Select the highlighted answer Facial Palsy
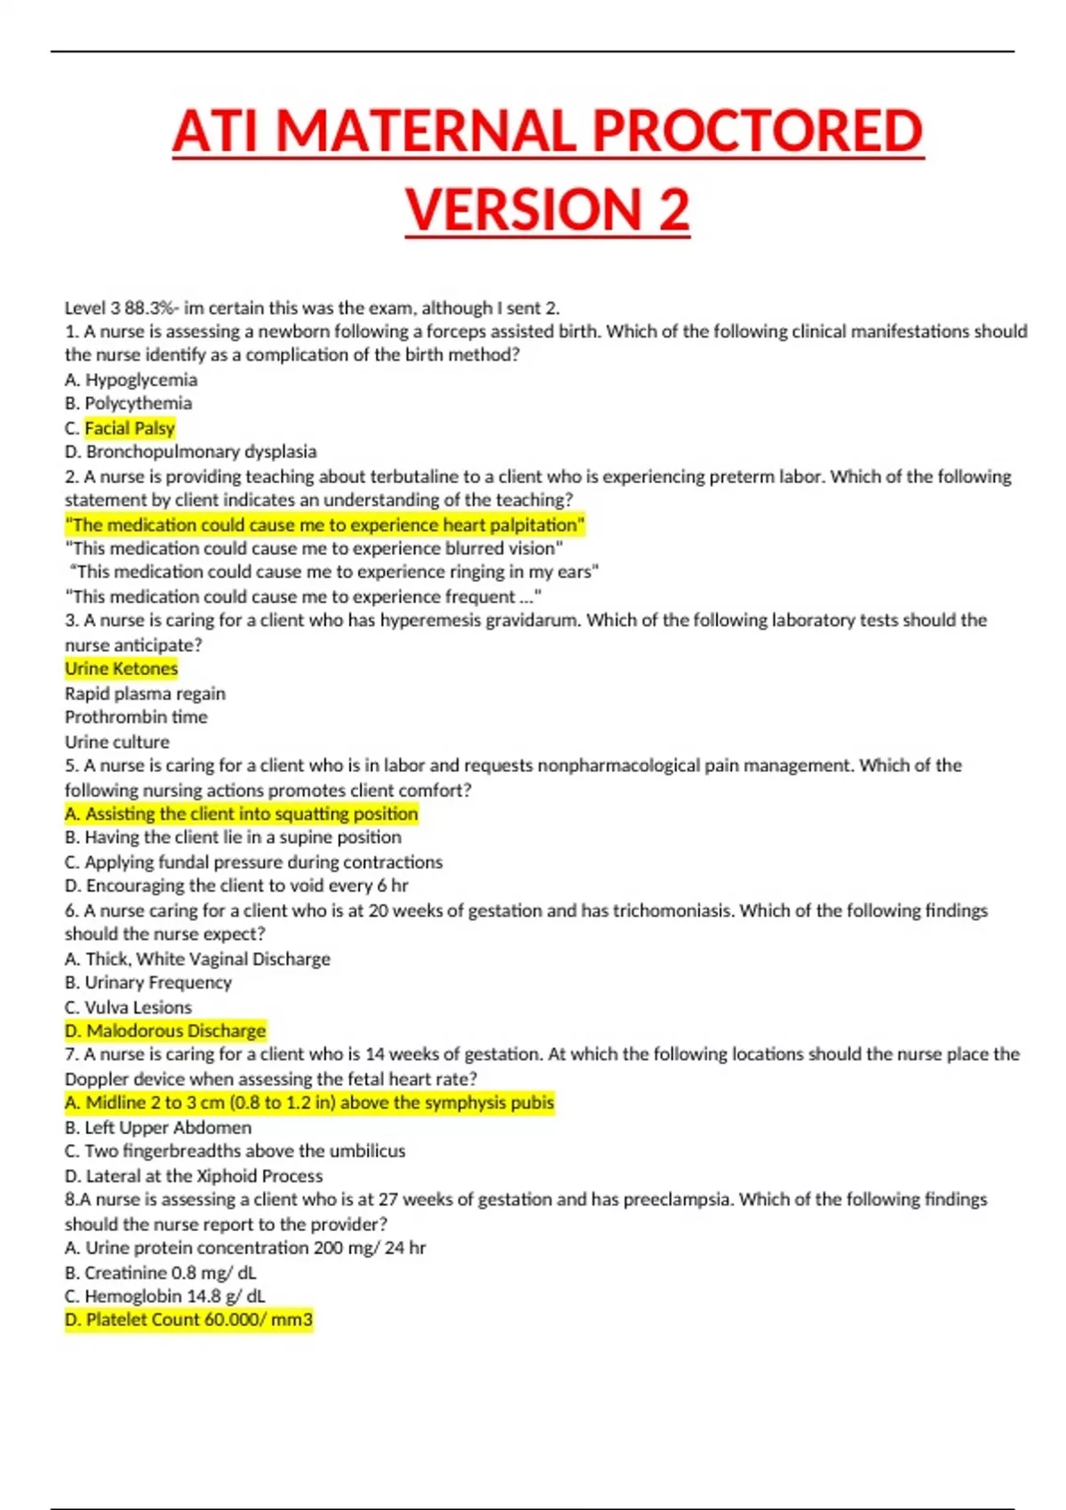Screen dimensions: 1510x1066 [x=130, y=428]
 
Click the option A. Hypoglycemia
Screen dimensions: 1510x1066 [x=131, y=380]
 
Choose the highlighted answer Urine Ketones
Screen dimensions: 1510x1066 [x=121, y=669]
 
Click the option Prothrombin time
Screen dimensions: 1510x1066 [x=136, y=717]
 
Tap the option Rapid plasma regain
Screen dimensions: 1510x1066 [x=145, y=694]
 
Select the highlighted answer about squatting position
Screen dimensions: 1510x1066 [x=241, y=814]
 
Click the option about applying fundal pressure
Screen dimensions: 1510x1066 [x=253, y=862]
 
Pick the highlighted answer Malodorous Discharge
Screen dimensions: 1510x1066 [x=165, y=1030]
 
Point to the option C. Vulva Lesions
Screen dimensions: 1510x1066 [x=128, y=1007]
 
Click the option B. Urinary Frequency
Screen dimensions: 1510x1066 [x=148, y=982]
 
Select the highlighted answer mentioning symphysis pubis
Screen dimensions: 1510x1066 [x=309, y=1103]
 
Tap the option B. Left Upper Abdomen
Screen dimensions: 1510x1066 [x=158, y=1127]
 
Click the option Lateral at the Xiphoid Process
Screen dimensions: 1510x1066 [x=194, y=1176]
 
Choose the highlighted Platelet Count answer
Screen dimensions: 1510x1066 [x=188, y=1320]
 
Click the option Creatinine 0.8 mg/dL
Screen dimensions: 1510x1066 [x=160, y=1272]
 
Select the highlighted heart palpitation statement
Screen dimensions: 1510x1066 [x=325, y=525]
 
